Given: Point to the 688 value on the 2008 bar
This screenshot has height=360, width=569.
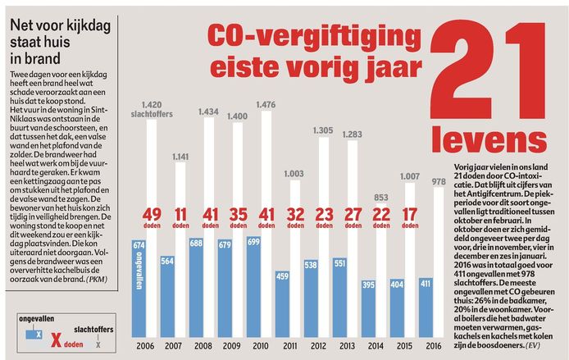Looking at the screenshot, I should coord(198,244).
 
